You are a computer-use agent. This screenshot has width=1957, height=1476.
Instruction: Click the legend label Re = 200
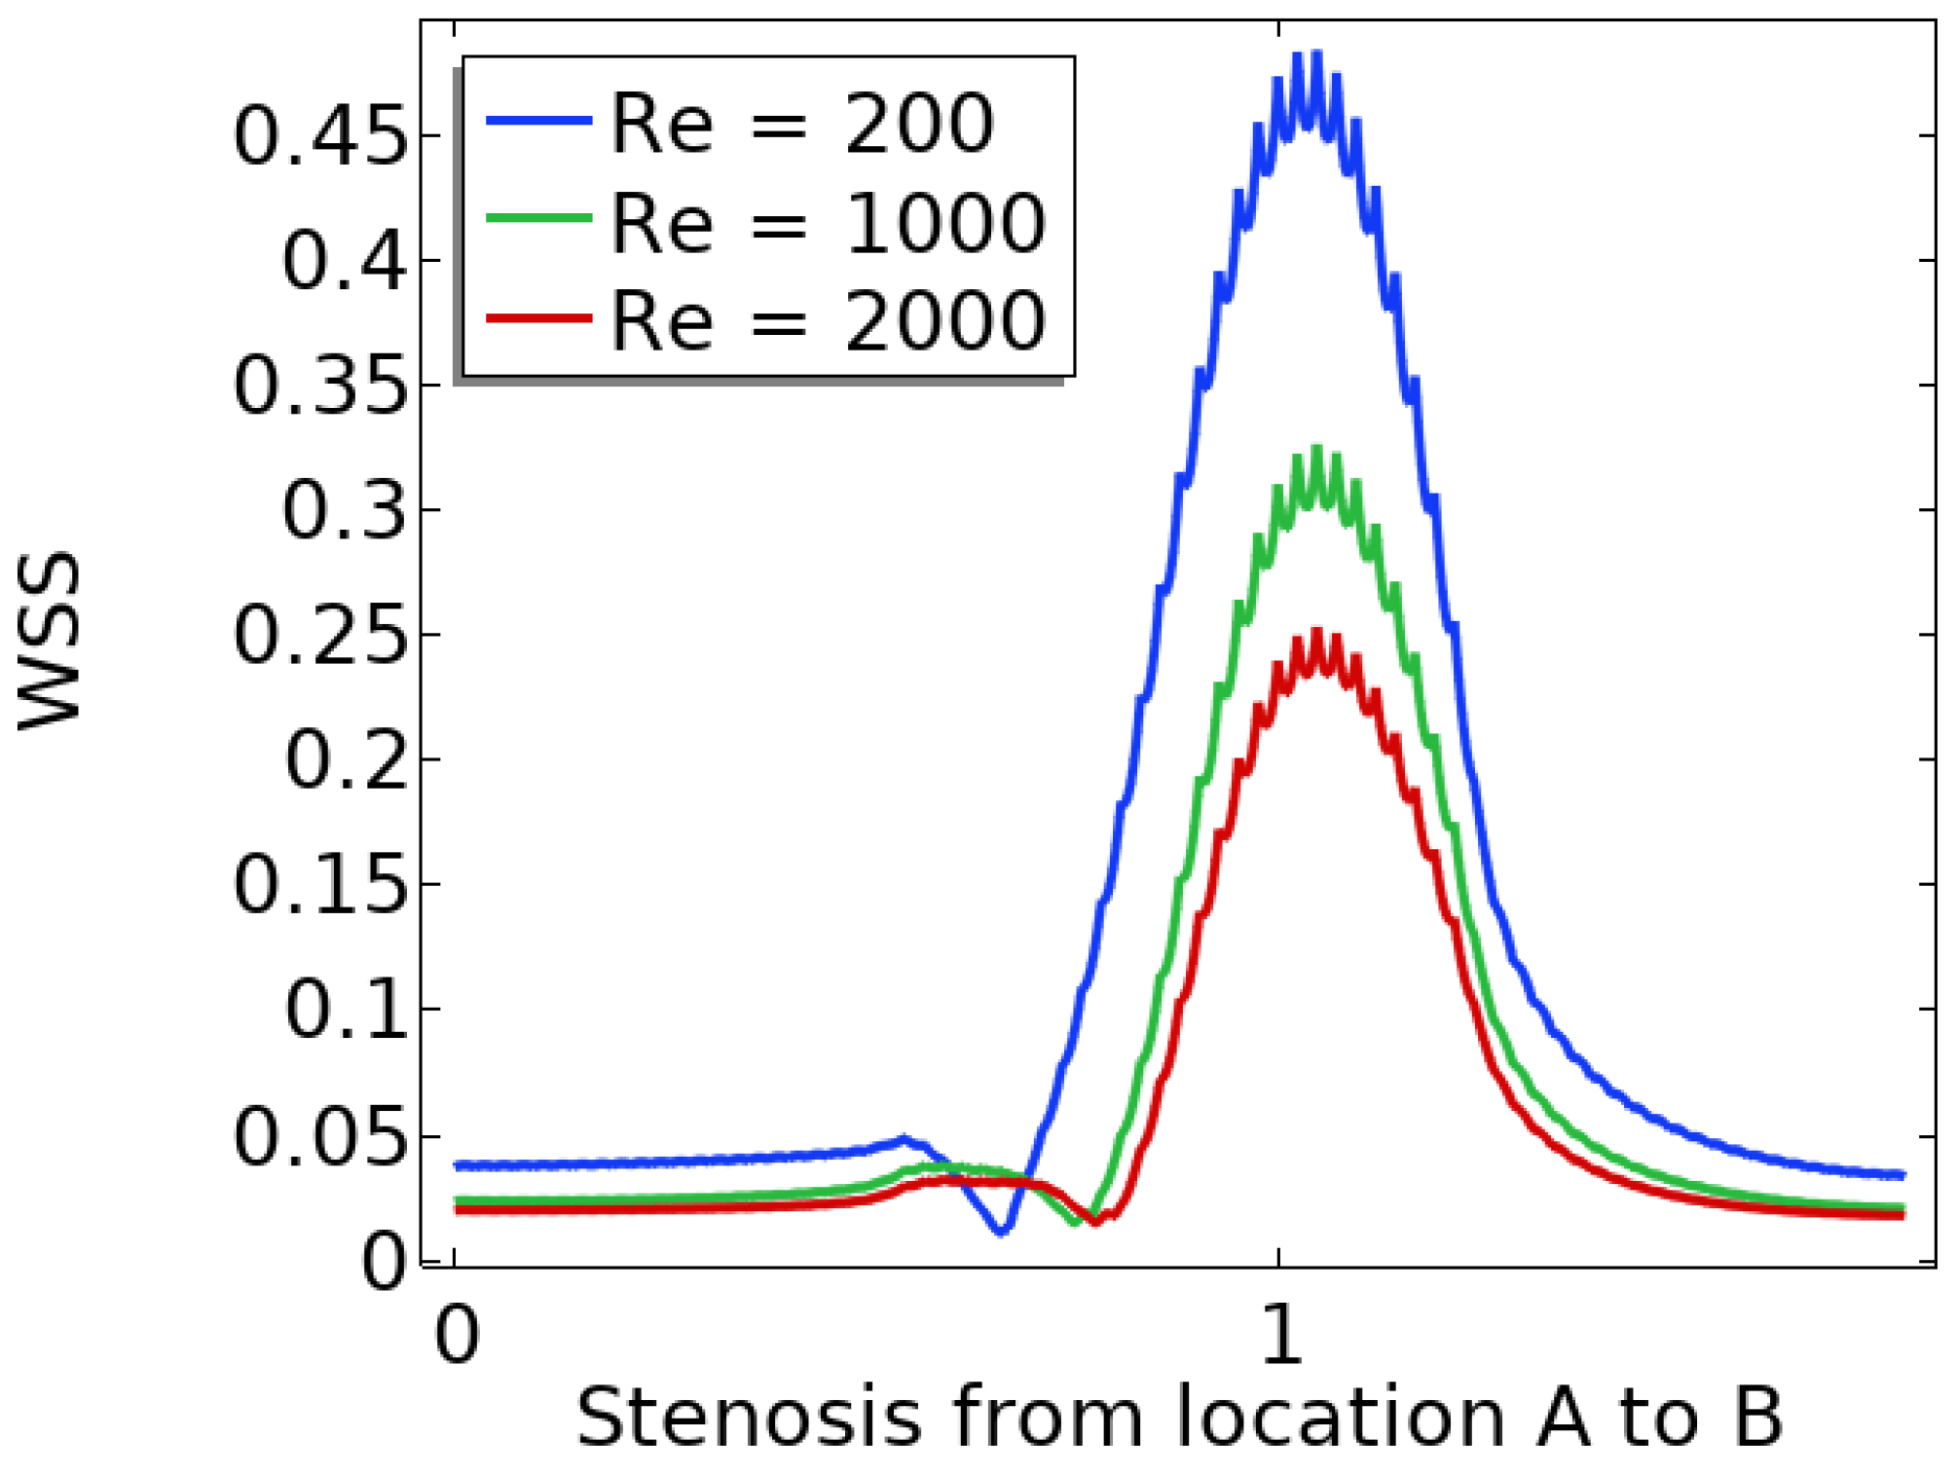pyautogui.click(x=801, y=124)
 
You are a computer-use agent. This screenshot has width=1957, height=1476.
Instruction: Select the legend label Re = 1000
pyautogui.click(x=828, y=224)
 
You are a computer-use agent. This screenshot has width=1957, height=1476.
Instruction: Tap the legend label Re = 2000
pyautogui.click(x=828, y=321)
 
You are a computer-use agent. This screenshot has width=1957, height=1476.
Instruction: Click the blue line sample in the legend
pyautogui.click(x=538, y=121)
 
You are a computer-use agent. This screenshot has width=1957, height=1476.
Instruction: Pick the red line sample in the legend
pyautogui.click(x=538, y=318)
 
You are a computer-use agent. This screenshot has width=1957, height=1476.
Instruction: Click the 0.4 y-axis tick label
pyautogui.click(x=344, y=261)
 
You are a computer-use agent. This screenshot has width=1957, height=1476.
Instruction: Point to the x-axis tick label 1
pyautogui.click(x=1280, y=1334)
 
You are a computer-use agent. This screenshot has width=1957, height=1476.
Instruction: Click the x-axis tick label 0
pyautogui.click(x=457, y=1334)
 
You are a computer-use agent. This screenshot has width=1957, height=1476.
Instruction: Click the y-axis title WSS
pyautogui.click(x=49, y=641)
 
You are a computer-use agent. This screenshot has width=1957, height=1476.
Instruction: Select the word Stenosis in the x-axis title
pyautogui.click(x=749, y=1418)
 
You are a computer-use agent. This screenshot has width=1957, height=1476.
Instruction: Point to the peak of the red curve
pyautogui.click(x=1317, y=634)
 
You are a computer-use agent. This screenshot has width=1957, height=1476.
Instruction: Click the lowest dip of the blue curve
pyautogui.click(x=1001, y=1233)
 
